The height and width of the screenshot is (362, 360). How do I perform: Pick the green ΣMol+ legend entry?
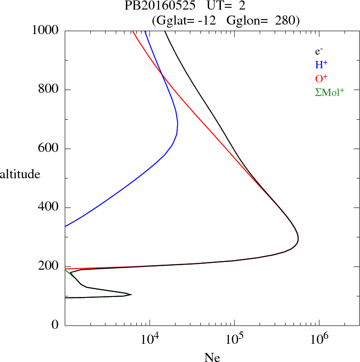pyautogui.click(x=330, y=92)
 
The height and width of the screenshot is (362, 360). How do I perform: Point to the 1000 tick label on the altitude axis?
pyautogui.click(x=45, y=30)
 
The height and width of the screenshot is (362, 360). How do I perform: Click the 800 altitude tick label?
pyautogui.click(x=49, y=90)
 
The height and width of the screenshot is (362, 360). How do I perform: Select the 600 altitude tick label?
pyautogui.click(x=49, y=149)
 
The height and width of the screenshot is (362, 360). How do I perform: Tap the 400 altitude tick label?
pyautogui.click(x=49, y=208)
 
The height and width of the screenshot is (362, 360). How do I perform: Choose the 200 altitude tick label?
pyautogui.click(x=49, y=267)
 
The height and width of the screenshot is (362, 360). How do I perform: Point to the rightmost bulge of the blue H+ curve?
pyautogui.click(x=178, y=123)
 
